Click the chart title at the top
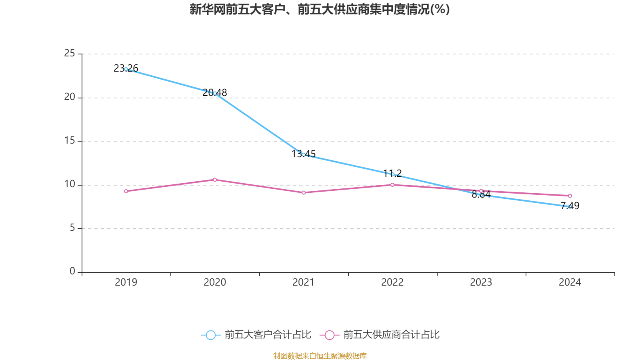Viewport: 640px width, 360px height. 320,9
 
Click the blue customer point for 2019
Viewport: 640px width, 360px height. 126,69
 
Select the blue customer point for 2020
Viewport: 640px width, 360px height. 215,93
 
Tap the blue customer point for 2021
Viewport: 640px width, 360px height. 303,154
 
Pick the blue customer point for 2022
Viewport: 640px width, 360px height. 392,174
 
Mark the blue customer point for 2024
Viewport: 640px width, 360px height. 570,206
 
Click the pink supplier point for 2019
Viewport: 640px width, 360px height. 126,191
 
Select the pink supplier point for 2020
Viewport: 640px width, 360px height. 215,180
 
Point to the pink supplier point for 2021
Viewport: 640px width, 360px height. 304,192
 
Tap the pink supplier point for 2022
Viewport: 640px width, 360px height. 392,185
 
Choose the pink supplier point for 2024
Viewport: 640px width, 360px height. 570,196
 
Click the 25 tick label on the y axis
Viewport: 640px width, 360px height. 70,53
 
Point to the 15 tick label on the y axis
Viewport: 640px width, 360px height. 70,140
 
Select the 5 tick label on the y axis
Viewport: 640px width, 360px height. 72,228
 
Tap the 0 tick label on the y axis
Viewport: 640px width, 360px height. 72,271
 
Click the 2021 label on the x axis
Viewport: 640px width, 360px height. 304,282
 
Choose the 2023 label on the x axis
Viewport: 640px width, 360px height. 481,282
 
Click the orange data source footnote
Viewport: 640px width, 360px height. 320,356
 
